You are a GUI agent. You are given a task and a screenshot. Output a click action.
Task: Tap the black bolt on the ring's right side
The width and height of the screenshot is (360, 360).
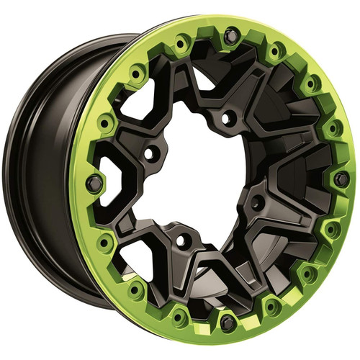[342, 178]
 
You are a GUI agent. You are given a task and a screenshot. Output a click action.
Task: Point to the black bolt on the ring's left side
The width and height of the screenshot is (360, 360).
[93, 183]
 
